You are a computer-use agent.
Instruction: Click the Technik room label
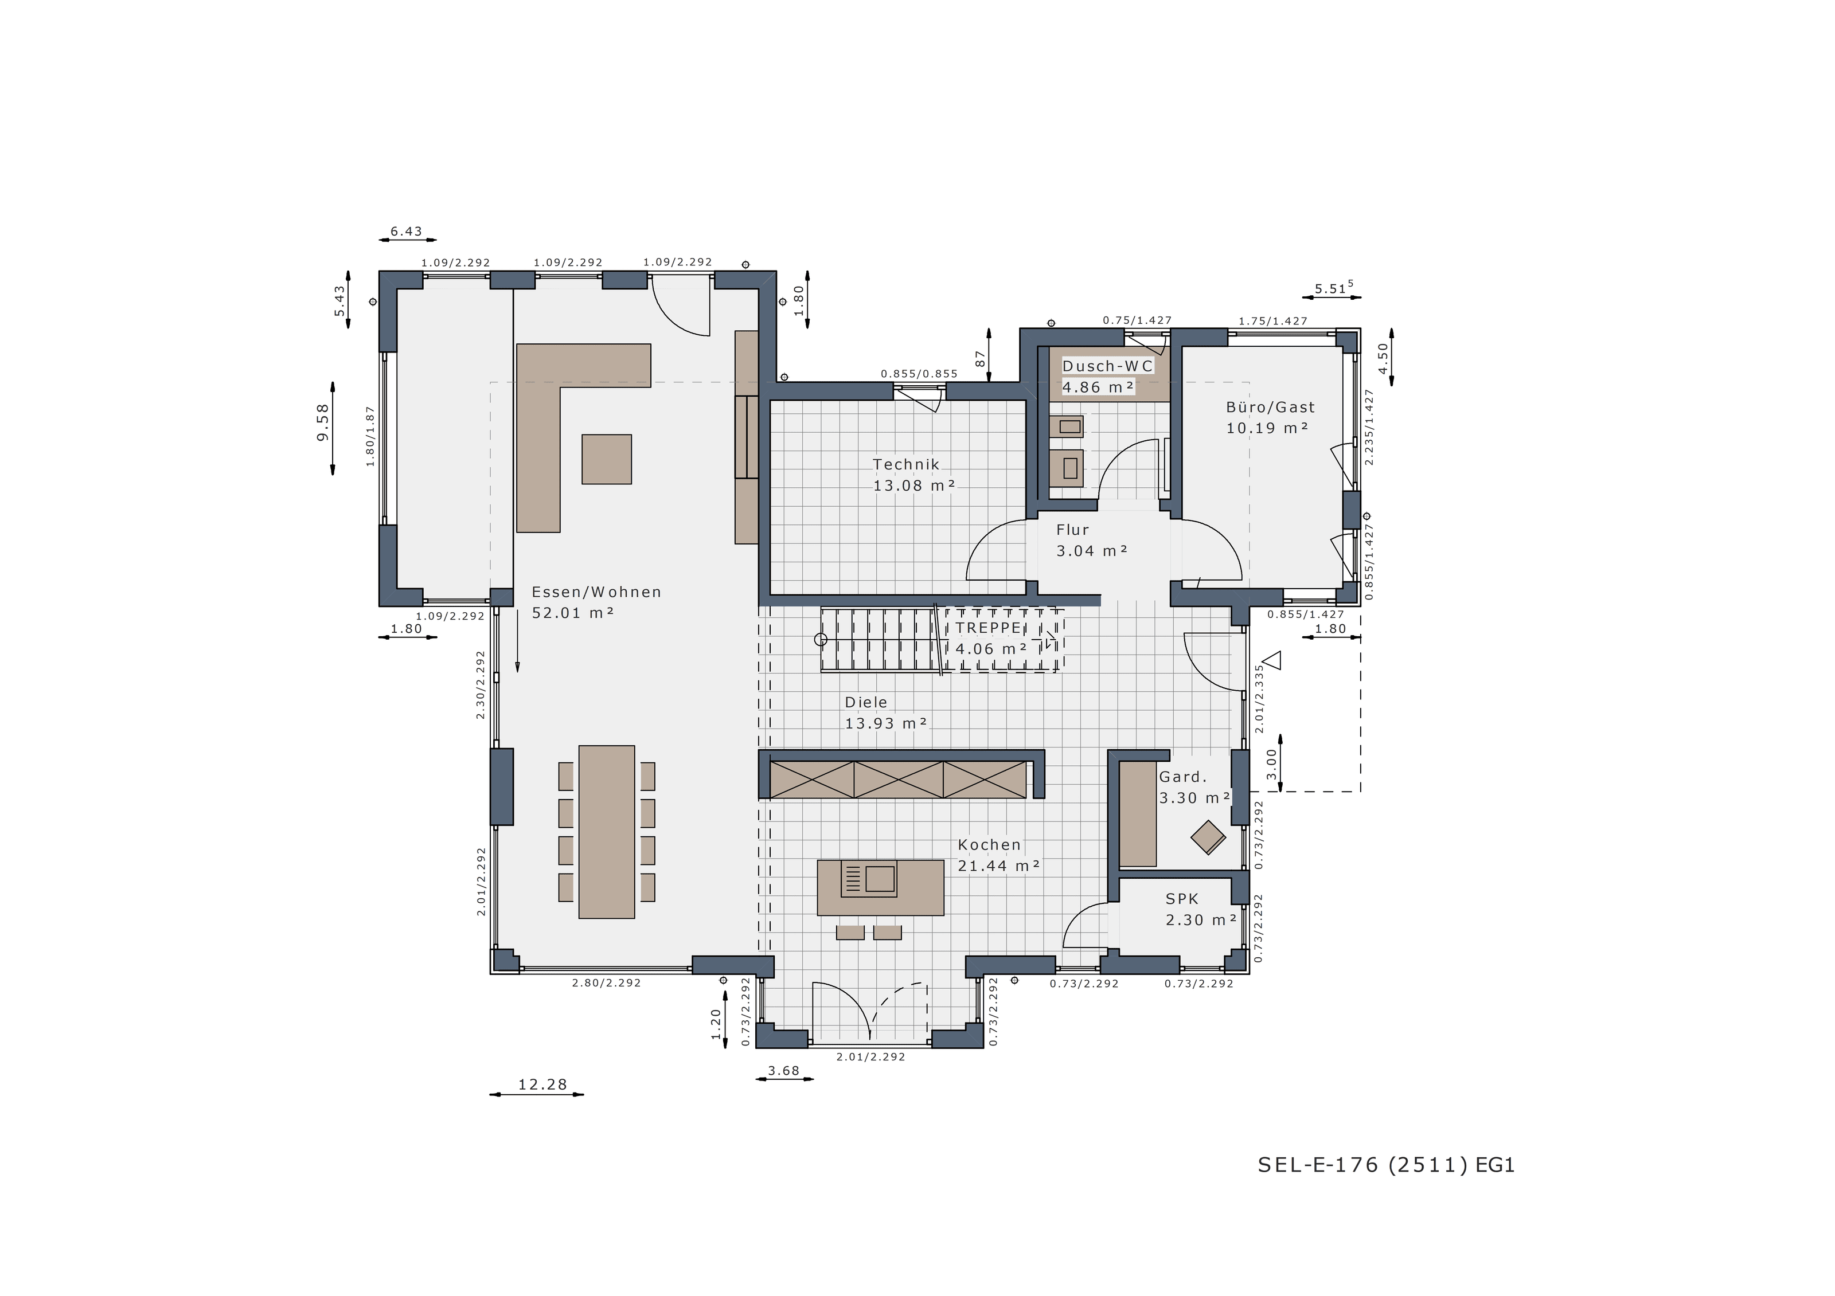click(x=906, y=464)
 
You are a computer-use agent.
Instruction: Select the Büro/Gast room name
click(x=1271, y=408)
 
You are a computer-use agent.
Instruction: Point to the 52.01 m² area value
click(x=573, y=613)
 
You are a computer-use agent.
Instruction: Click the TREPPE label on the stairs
click(x=989, y=628)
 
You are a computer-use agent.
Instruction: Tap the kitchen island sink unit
click(x=868, y=879)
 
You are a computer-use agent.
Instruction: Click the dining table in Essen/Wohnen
click(x=607, y=832)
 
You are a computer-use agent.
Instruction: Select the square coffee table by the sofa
click(x=607, y=460)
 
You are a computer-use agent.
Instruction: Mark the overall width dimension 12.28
click(x=542, y=1084)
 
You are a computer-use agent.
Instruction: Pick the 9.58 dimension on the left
click(x=322, y=422)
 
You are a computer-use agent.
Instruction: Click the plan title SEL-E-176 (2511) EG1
click(x=1387, y=1165)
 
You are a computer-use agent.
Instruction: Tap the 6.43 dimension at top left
click(x=406, y=232)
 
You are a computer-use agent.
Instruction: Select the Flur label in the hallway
click(x=1072, y=530)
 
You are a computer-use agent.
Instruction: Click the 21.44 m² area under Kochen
click(x=999, y=866)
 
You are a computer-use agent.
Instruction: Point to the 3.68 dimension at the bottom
click(x=783, y=1071)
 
